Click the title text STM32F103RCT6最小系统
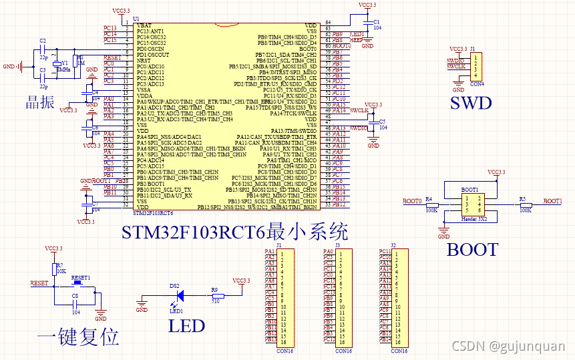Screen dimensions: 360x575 234,233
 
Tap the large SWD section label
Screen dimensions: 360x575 470,103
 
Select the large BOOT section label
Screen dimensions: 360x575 472,250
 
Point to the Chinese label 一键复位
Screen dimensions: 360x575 78,336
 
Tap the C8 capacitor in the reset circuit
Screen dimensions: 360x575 75,301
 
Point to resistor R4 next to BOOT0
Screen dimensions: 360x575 431,205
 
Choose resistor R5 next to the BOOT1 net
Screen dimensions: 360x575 526,205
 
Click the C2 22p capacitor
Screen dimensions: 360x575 43,49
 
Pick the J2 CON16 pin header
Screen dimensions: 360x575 399,297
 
